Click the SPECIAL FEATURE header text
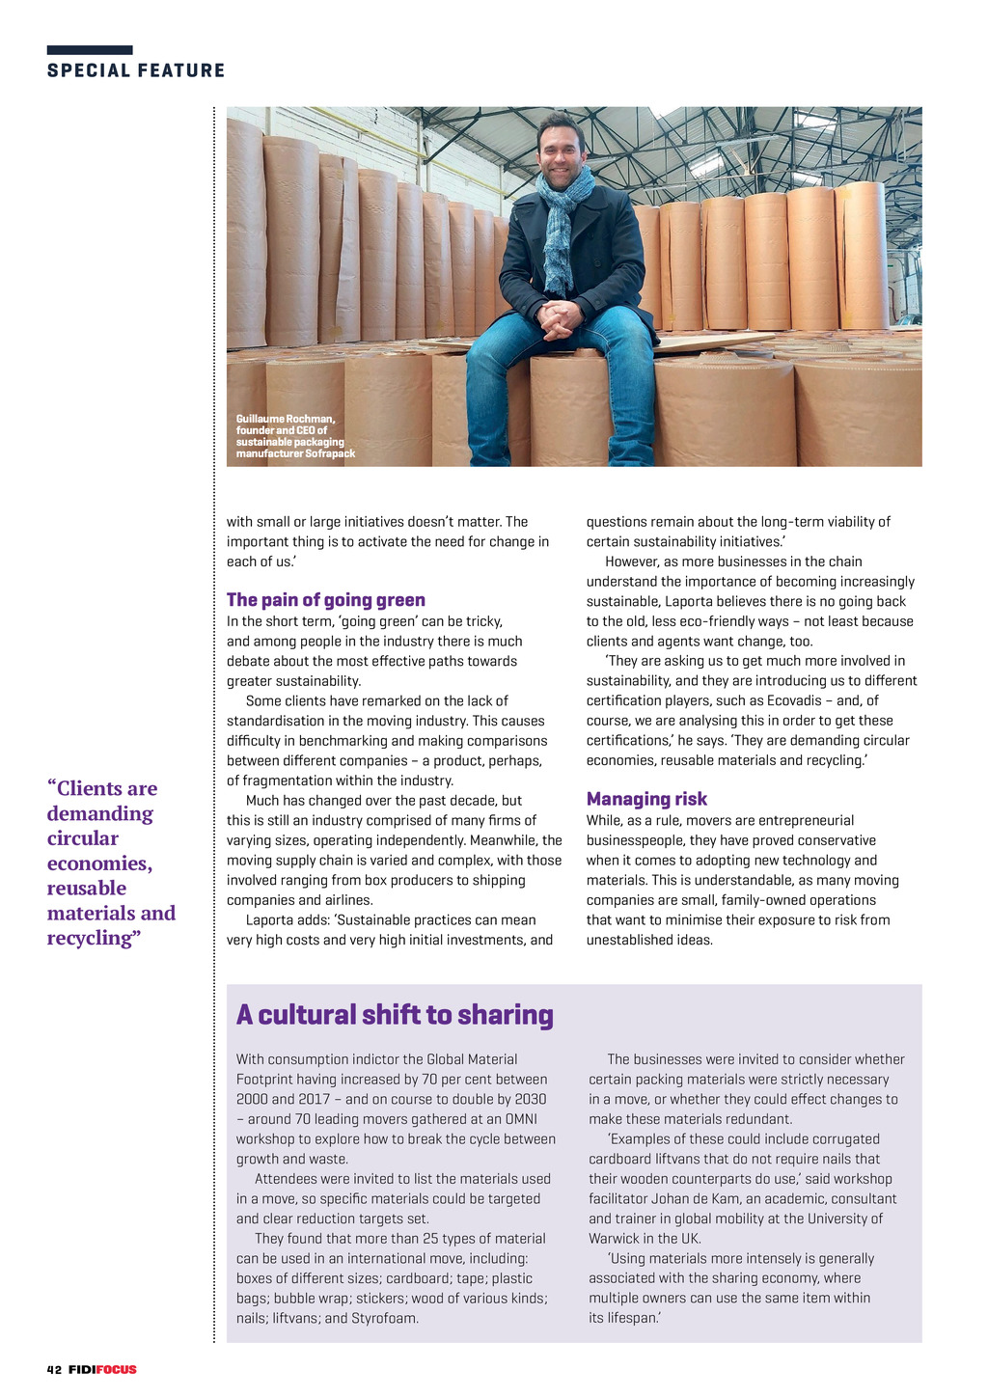(x=136, y=70)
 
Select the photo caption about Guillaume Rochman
(x=295, y=436)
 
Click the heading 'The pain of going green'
(x=325, y=600)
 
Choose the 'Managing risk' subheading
(x=646, y=799)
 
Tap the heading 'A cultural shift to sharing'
(x=395, y=1015)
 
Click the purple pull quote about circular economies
(x=111, y=863)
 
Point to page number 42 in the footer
(x=54, y=1370)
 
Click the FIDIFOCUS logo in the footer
(x=102, y=1370)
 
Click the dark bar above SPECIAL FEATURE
(x=90, y=50)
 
